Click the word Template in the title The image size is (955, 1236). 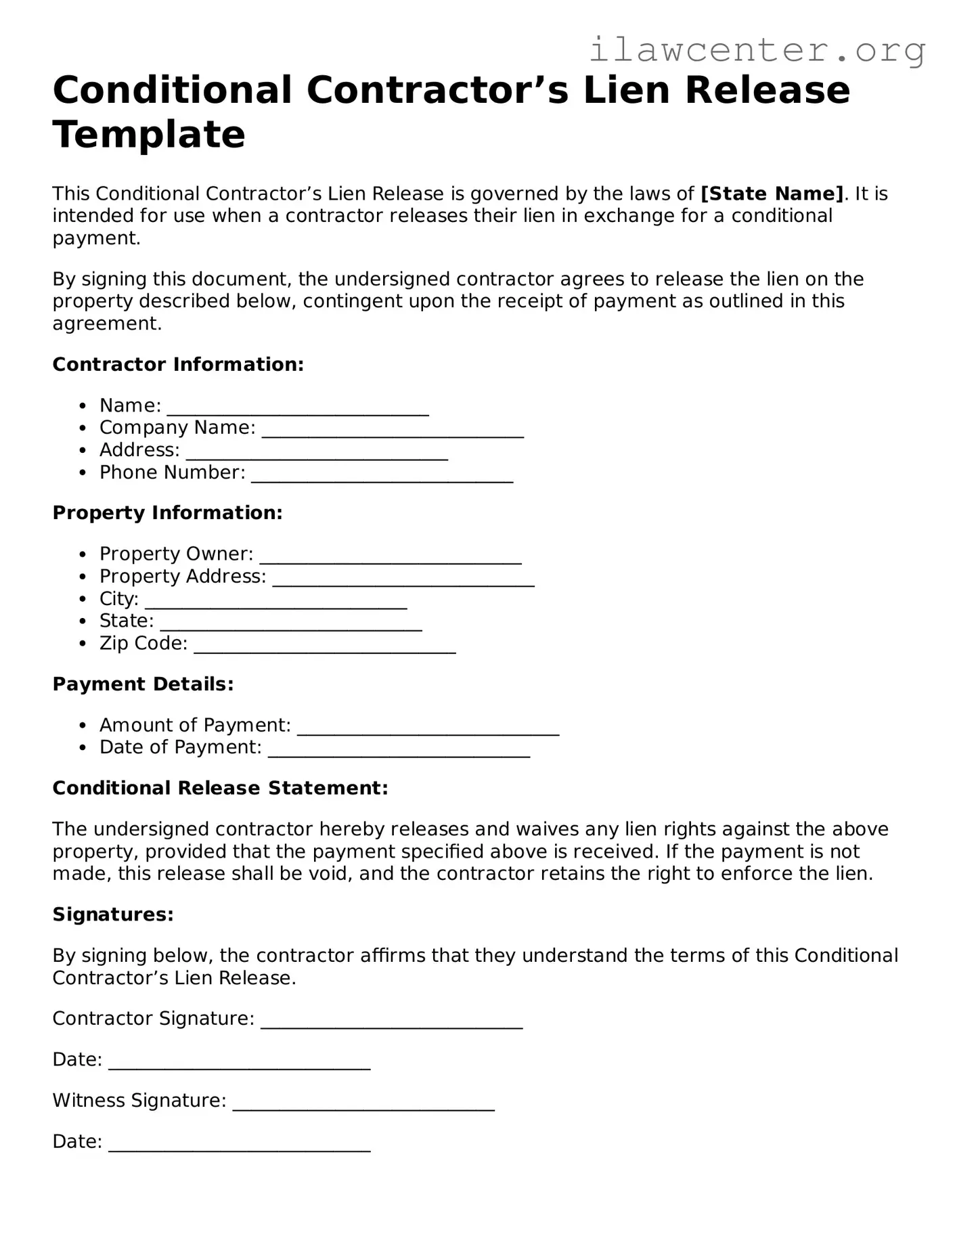click(x=149, y=134)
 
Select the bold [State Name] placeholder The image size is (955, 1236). click(x=772, y=194)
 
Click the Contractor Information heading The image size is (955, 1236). click(x=178, y=364)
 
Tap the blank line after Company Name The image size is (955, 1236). click(x=393, y=432)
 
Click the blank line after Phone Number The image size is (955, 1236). click(x=382, y=477)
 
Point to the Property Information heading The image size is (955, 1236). click(x=167, y=512)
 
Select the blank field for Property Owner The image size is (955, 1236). click(x=391, y=558)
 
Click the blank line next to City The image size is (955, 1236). click(x=276, y=603)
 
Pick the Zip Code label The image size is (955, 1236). click(x=143, y=643)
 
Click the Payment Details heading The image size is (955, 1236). click(x=143, y=684)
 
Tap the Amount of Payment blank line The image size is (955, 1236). click(x=428, y=729)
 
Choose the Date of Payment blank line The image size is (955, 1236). click(x=399, y=751)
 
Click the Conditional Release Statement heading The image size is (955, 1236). click(x=220, y=788)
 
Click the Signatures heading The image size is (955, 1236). click(x=113, y=914)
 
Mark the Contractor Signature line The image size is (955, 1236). click(x=391, y=1023)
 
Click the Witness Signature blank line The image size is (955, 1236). click(x=363, y=1105)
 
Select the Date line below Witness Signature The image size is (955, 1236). click(x=239, y=1146)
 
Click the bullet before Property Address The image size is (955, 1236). click(x=83, y=577)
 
